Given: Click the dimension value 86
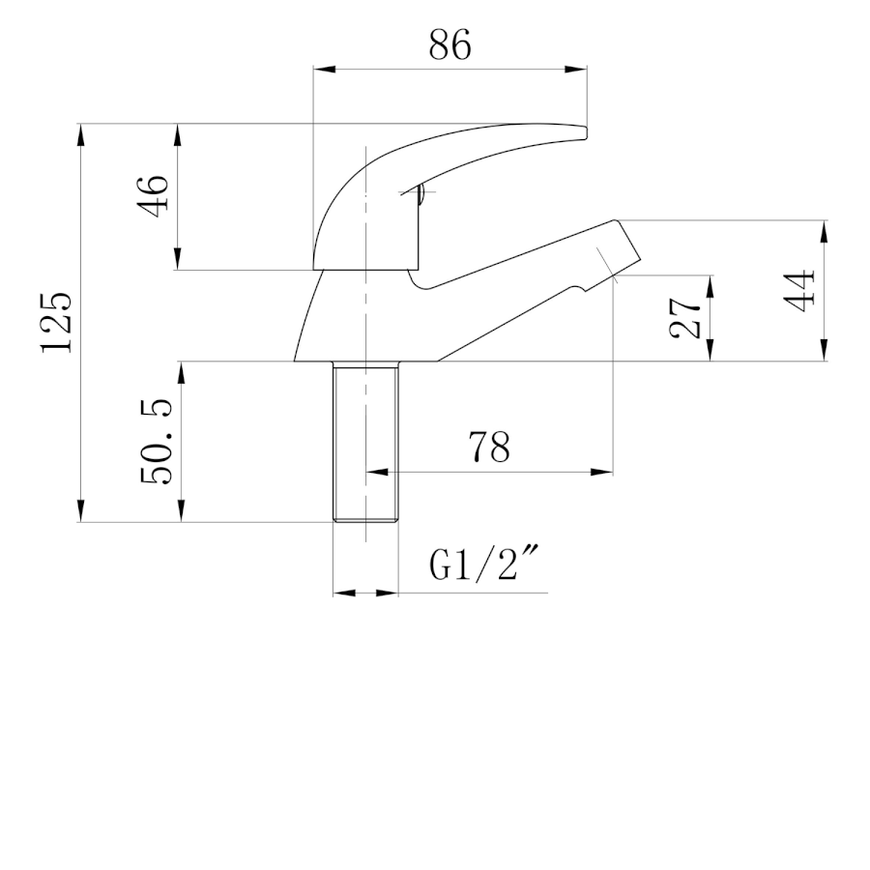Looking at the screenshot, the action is point(449,44).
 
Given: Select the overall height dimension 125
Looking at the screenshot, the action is point(56,322).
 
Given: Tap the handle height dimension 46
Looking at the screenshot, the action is point(152,196).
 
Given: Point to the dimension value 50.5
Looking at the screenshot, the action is point(157,442).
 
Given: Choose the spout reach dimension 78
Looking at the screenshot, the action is point(489,448).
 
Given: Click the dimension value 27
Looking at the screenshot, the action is point(685,318).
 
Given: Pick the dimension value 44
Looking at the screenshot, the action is point(799,291).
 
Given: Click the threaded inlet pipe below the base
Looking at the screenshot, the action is point(365,442).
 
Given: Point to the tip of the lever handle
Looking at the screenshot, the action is point(586,132).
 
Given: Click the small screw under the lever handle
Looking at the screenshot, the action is point(421,193).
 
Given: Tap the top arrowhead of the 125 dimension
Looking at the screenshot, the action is point(81,134).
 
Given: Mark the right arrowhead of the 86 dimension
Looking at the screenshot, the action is point(575,70).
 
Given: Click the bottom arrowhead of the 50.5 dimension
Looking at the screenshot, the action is point(181,510).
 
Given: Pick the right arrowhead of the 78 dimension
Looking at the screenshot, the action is point(601,472).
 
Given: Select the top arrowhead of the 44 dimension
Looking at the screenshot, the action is point(824,232).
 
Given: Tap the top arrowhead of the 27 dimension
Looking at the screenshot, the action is point(710,286).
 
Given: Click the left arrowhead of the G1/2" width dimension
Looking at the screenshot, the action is point(344,594).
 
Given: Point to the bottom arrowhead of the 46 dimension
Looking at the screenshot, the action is point(178,258).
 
